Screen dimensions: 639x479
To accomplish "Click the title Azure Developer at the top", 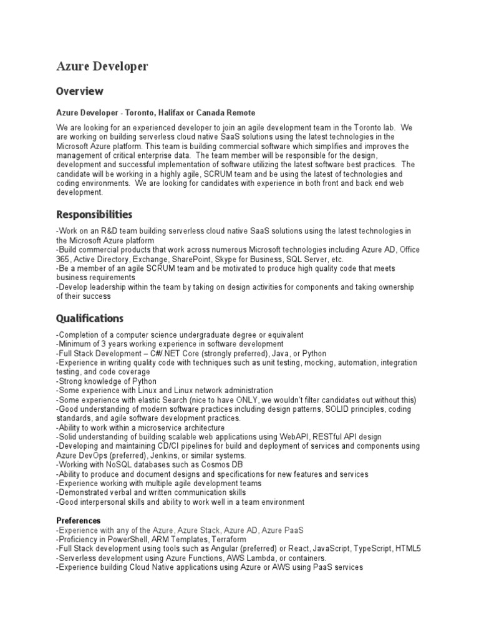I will point(102,67).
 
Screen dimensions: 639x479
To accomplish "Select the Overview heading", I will point(80,91).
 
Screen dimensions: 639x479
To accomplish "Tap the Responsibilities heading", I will point(94,214).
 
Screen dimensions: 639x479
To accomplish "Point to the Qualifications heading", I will point(90,318).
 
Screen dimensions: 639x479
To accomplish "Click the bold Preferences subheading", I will point(78,520).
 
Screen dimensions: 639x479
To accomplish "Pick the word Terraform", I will point(225,539).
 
